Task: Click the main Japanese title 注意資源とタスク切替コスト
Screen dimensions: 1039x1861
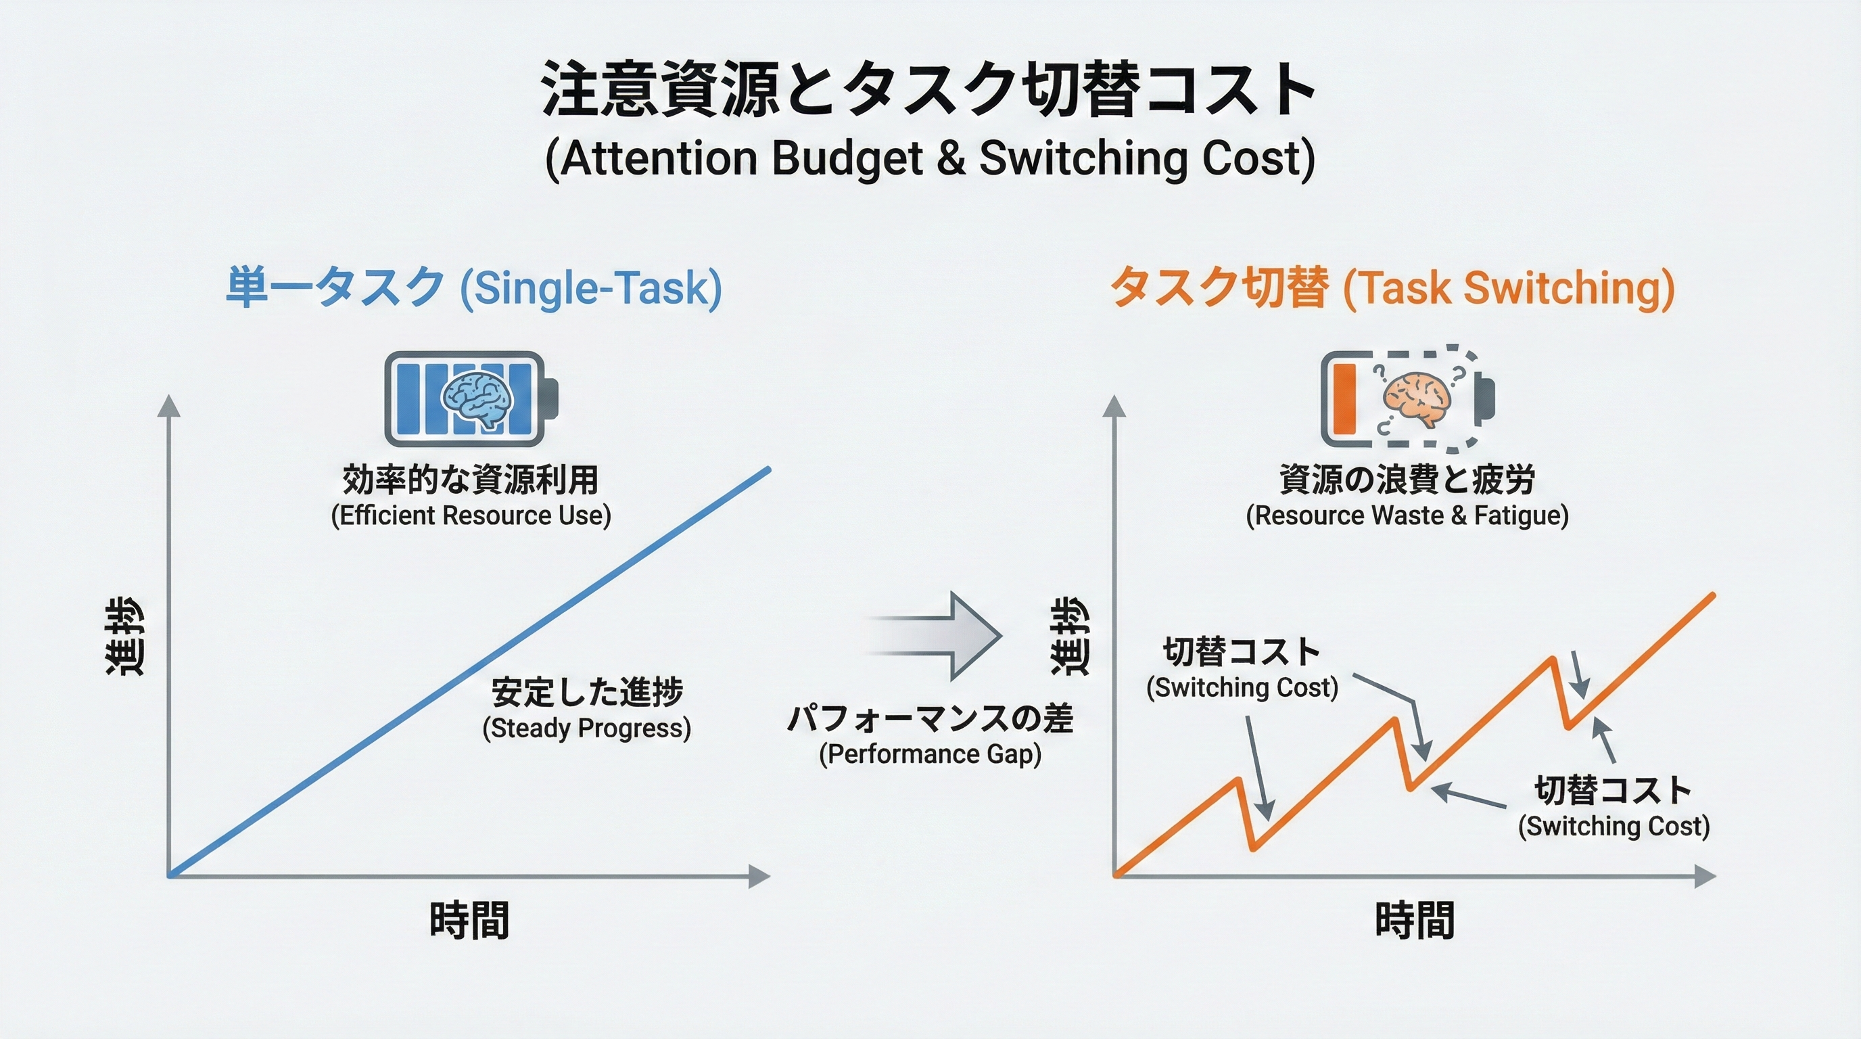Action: click(929, 89)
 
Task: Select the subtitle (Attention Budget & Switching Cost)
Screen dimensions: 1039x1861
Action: click(930, 158)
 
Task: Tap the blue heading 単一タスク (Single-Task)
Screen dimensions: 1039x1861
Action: click(473, 287)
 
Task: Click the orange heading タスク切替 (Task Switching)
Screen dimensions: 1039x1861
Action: click(1392, 287)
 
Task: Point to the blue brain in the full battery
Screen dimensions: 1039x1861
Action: click(477, 399)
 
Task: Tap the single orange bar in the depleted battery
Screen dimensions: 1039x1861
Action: click(1344, 399)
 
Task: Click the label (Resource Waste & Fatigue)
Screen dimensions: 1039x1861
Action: click(1407, 516)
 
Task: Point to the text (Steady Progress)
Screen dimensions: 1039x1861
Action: click(586, 729)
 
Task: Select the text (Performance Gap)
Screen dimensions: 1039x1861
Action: click(930, 754)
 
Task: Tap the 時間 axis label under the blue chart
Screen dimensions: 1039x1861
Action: click(469, 921)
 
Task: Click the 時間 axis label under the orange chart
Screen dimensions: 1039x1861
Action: click(1415, 921)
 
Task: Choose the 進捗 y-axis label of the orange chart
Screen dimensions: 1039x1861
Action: click(1068, 636)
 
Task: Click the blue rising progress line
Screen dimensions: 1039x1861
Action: click(469, 672)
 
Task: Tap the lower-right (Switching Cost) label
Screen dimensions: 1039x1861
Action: click(1614, 826)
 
